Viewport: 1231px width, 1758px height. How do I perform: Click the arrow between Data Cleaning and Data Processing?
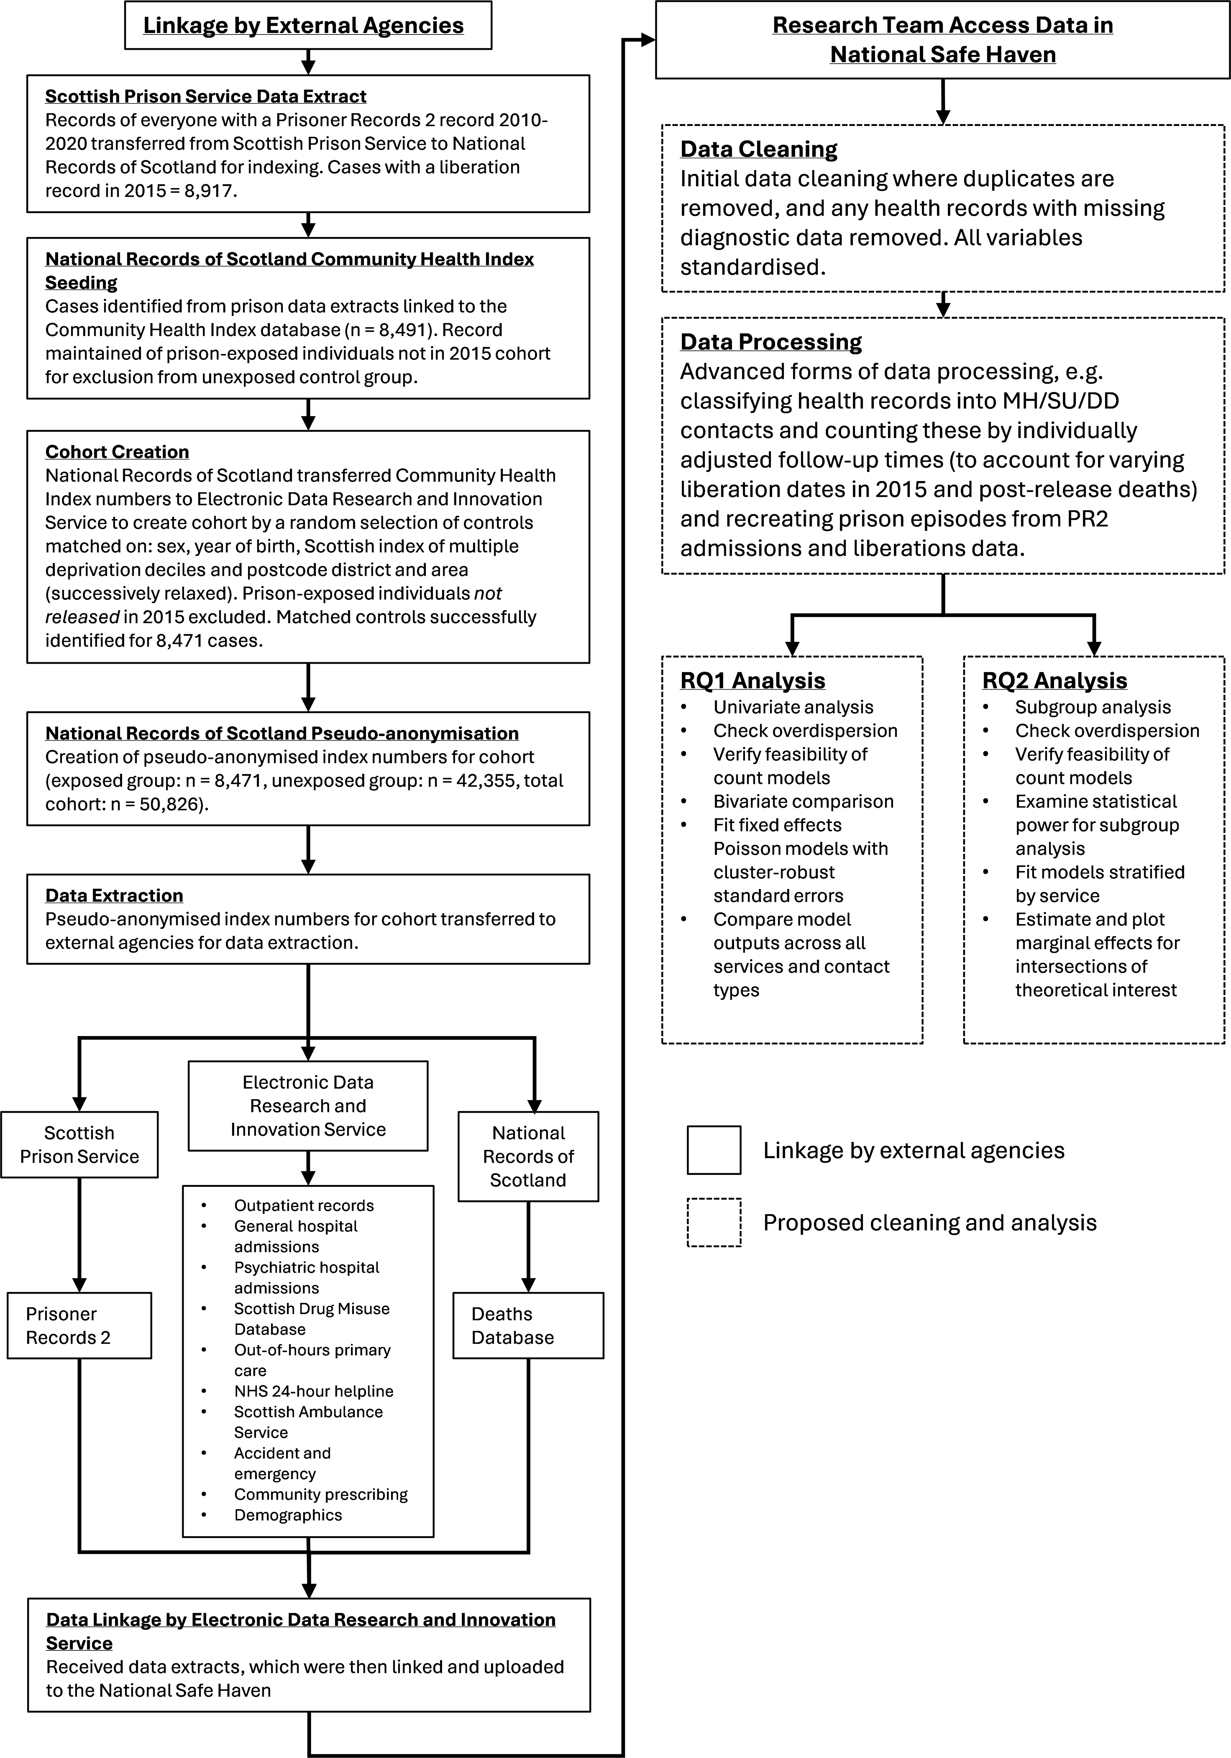click(943, 304)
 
